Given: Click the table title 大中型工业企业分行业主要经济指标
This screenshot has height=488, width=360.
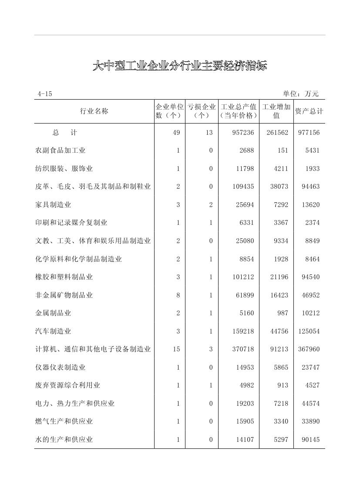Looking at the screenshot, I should (x=179, y=66).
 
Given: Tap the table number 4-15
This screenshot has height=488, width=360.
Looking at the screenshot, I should (x=44, y=94).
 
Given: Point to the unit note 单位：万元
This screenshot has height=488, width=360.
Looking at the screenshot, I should (x=300, y=94).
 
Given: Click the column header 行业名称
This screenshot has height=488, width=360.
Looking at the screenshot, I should (x=94, y=111).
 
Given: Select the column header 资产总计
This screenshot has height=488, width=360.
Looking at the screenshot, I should (x=309, y=111).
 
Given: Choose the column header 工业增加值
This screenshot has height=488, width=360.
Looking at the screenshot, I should (x=276, y=111).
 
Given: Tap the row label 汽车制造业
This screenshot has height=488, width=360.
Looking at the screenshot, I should (x=53, y=331).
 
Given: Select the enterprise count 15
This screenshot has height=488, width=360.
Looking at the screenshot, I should (x=176, y=349).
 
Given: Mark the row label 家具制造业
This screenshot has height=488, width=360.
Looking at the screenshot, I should (x=53, y=205).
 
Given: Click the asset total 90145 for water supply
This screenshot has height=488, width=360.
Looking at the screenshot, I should (x=310, y=440).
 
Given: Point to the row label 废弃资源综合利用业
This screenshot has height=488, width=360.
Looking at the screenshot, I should (x=67, y=385).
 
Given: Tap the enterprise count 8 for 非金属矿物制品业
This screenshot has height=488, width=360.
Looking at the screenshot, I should (x=178, y=295).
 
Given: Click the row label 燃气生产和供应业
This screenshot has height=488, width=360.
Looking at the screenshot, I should (x=64, y=421).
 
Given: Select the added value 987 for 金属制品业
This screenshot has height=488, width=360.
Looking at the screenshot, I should (x=283, y=313).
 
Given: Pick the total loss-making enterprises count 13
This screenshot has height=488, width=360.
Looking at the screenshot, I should (x=209, y=133).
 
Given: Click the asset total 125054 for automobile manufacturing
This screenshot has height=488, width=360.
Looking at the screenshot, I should (x=309, y=331).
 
